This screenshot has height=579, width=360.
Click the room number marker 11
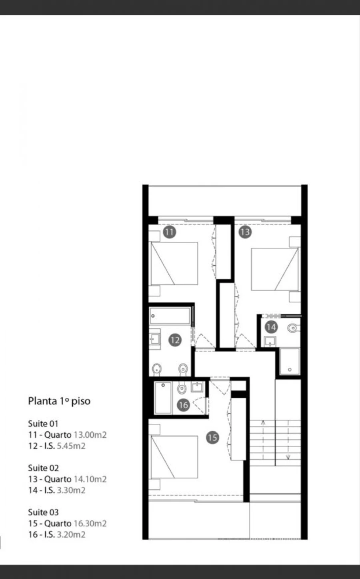[170, 232]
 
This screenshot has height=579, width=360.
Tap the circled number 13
[245, 232]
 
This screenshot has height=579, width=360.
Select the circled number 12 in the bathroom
[175, 340]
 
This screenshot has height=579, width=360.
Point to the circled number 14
[271, 327]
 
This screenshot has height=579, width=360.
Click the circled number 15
[212, 437]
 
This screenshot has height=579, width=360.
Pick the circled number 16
[183, 405]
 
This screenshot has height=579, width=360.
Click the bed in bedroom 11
[174, 263]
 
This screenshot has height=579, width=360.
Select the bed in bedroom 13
[275, 269]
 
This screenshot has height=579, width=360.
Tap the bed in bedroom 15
[174, 457]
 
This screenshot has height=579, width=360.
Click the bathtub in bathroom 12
[170, 316]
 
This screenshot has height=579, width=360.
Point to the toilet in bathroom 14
[293, 328]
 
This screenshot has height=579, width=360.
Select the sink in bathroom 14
[270, 341]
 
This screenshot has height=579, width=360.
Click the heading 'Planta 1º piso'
[59, 401]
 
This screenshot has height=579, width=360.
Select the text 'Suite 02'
[43, 468]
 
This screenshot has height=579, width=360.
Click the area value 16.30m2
[90, 523]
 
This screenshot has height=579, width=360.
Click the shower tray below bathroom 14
[289, 361]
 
